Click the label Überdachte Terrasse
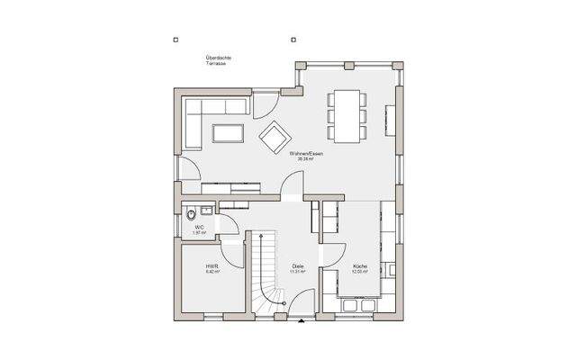pyautogui.click(x=215, y=62)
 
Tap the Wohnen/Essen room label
pyautogui.click(x=306, y=156)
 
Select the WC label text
pyautogui.click(x=200, y=229)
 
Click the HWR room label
pyautogui.click(x=212, y=268)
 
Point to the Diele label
pyautogui.click(x=297, y=268)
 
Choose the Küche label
pyautogui.click(x=359, y=268)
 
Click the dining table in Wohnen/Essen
pyautogui.click(x=347, y=114)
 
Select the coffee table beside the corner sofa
pyautogui.click(x=228, y=134)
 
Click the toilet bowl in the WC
pyautogui.click(x=190, y=214)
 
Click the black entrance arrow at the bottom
pyautogui.click(x=301, y=319)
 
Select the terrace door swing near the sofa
pyautogui.click(x=266, y=107)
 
